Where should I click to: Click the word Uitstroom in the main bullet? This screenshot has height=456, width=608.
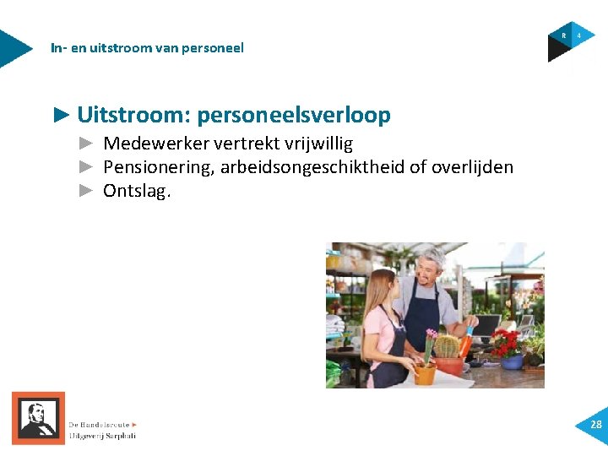pyautogui.click(x=131, y=115)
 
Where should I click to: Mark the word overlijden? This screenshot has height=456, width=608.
pyautogui.click(x=472, y=167)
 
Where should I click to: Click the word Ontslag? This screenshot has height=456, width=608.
pyautogui.click(x=136, y=191)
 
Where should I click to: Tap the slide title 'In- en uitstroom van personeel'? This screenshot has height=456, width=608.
pyautogui.click(x=147, y=48)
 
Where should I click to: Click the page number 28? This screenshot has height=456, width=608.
pyautogui.click(x=596, y=425)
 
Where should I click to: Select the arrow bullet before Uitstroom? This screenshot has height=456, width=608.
pyautogui.click(x=61, y=115)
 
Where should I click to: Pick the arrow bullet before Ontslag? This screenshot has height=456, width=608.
pyautogui.click(x=84, y=191)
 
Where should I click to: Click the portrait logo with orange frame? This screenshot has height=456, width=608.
pyautogui.click(x=38, y=418)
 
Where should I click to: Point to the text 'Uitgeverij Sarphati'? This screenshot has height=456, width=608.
pyautogui.click(x=102, y=436)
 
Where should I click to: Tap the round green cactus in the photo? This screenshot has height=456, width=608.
pyautogui.click(x=448, y=346)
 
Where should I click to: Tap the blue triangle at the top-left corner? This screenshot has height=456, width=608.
pyautogui.click(x=14, y=48)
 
